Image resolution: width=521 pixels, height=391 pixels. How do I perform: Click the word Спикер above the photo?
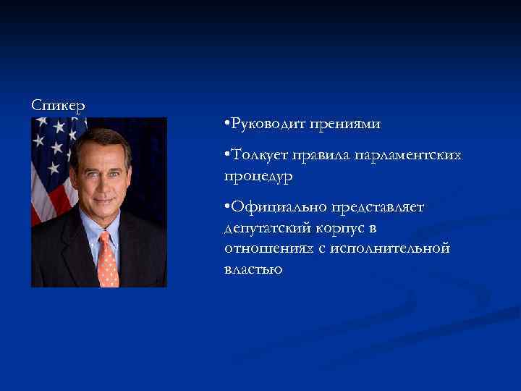[58, 105]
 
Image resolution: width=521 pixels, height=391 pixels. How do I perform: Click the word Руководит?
[267, 125]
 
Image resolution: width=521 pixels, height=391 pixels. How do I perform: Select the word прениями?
[345, 125]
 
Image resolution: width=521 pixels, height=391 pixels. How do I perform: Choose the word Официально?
[275, 208]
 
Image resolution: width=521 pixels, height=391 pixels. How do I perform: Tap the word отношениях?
[268, 248]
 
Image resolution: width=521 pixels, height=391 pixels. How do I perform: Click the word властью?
[253, 269]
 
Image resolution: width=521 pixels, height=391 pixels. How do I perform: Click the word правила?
[333, 156]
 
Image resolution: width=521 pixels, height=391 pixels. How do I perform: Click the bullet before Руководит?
[226, 125]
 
